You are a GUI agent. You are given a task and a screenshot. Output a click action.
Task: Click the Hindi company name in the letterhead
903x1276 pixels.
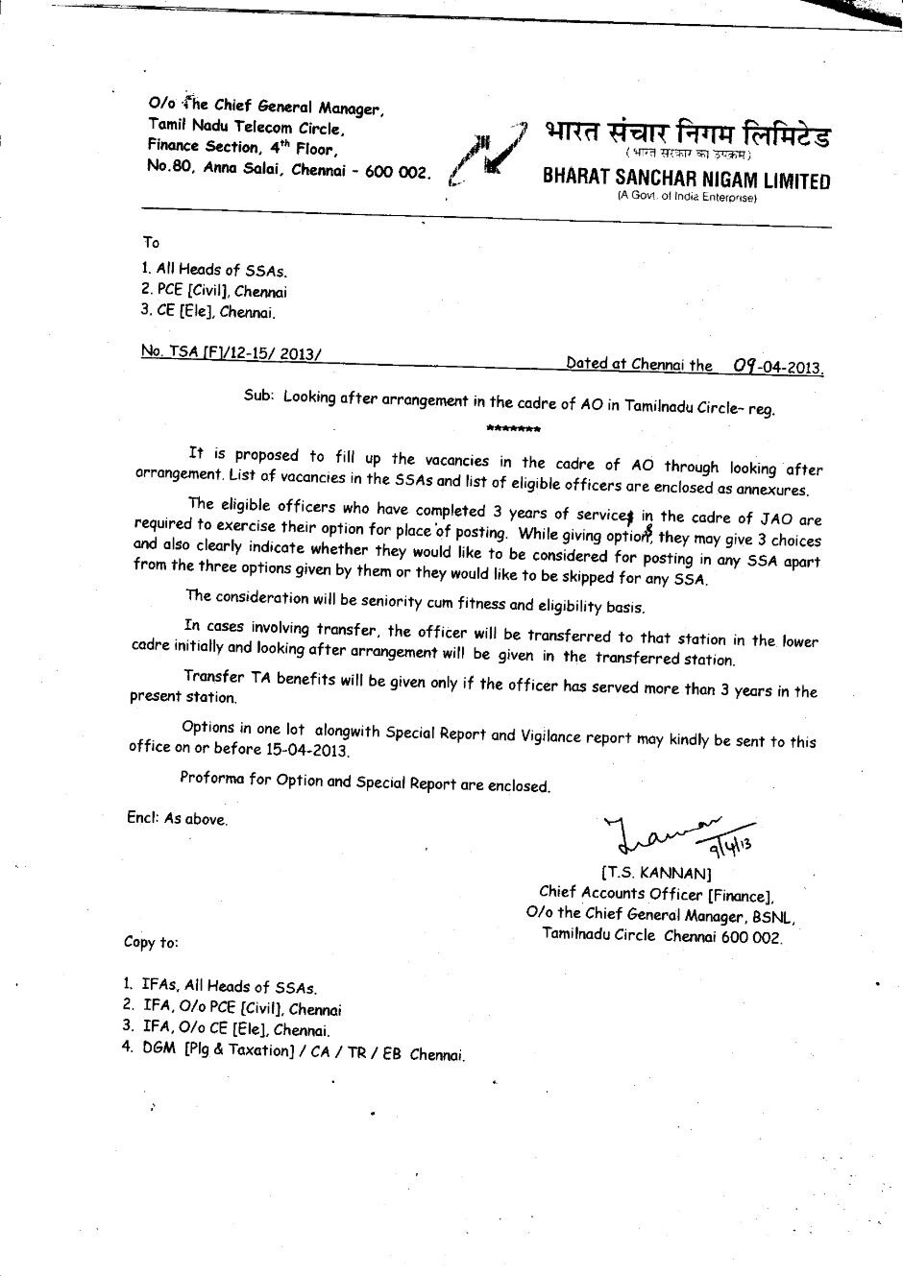[x=686, y=134]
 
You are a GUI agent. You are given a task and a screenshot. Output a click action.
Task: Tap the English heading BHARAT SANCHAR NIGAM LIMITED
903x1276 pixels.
[x=686, y=180]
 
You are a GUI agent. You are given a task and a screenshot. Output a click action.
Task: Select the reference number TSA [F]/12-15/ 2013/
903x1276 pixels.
[x=231, y=353]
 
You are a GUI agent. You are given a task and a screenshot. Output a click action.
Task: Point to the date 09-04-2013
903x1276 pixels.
[x=777, y=366]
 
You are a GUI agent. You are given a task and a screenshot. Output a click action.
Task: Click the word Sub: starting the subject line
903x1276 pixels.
[x=259, y=396]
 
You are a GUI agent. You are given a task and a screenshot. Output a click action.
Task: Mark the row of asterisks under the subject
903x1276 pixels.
[x=513, y=427]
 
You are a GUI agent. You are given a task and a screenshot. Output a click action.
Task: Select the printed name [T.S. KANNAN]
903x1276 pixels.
[x=656, y=874]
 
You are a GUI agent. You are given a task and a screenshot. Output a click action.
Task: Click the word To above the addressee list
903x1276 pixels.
[x=151, y=243]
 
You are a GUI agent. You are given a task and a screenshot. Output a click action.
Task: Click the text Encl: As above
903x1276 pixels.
[x=177, y=819]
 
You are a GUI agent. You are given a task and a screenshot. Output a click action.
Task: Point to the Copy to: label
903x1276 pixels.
[x=151, y=942]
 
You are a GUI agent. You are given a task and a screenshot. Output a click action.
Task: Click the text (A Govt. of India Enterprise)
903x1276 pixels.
[x=686, y=198]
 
